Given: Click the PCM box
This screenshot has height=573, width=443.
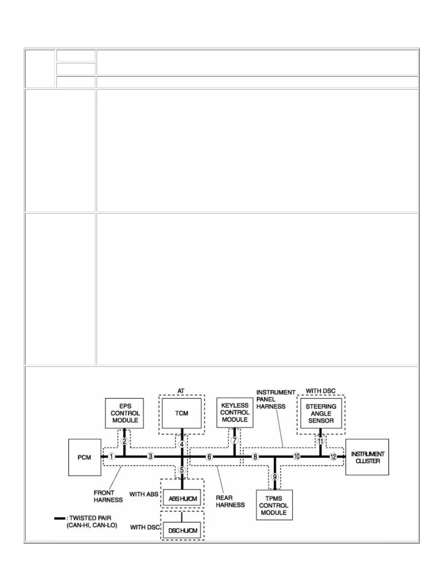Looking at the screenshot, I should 85,457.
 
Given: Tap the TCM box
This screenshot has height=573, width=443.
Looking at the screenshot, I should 182,413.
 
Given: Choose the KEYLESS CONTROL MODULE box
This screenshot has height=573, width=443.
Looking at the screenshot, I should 235,412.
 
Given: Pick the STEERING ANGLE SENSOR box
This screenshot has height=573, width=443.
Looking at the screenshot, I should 321,413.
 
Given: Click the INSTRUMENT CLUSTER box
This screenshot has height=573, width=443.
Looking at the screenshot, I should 367,457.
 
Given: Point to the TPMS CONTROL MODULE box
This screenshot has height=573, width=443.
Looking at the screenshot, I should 274,505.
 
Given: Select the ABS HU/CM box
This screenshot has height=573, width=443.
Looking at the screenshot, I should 182,499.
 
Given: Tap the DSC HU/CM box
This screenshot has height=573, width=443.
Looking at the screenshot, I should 182,530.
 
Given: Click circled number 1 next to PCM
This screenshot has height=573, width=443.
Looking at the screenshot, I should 111,457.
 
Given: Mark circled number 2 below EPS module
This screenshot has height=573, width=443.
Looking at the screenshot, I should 124,441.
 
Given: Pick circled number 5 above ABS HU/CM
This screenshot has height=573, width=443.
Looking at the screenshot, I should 182,470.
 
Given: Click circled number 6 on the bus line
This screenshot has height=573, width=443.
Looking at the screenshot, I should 209,457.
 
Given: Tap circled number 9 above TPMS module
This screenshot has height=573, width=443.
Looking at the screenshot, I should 275,477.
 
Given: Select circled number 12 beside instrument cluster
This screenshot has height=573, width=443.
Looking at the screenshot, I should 333,457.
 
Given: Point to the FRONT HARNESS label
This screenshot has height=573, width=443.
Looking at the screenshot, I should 108,496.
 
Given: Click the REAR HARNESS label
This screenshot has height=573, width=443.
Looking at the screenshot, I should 230,501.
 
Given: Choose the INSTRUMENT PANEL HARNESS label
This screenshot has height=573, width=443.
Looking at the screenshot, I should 275,399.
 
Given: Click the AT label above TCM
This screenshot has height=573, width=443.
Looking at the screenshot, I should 181,391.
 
